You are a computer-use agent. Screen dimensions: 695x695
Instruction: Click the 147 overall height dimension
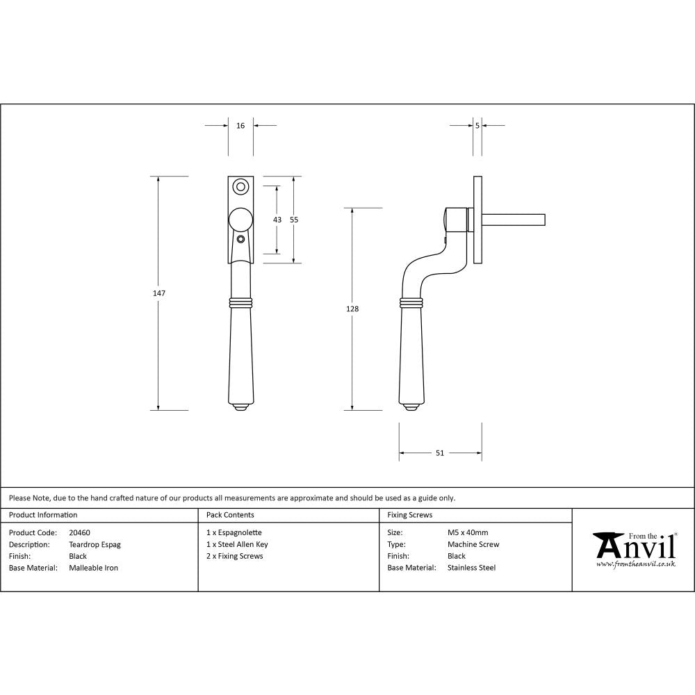coord(159,293)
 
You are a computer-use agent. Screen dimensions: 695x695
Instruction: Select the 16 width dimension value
coord(240,126)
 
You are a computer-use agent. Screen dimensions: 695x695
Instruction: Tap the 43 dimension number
coord(277,220)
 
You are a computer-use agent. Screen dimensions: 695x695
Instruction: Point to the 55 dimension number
coord(294,220)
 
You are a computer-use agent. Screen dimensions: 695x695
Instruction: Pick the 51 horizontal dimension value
coord(440,453)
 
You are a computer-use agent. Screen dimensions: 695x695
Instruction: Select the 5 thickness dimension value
coord(477,126)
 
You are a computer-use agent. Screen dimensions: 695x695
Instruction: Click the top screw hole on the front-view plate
coord(241,186)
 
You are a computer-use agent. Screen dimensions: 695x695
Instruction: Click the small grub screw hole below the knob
coord(240,240)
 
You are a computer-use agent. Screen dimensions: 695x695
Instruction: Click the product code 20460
coord(79,533)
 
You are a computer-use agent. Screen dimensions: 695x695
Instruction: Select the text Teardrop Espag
coord(95,545)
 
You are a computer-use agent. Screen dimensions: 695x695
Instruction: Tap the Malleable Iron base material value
coord(93,568)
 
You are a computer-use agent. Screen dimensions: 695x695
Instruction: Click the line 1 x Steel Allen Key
coord(237,545)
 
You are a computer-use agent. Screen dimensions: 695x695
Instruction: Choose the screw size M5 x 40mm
coord(468,533)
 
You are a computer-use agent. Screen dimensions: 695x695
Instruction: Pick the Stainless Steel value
coord(471,568)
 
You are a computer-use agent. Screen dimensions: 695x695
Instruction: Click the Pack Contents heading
coord(230,515)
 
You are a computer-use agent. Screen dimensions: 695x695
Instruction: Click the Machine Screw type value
coord(473,545)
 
